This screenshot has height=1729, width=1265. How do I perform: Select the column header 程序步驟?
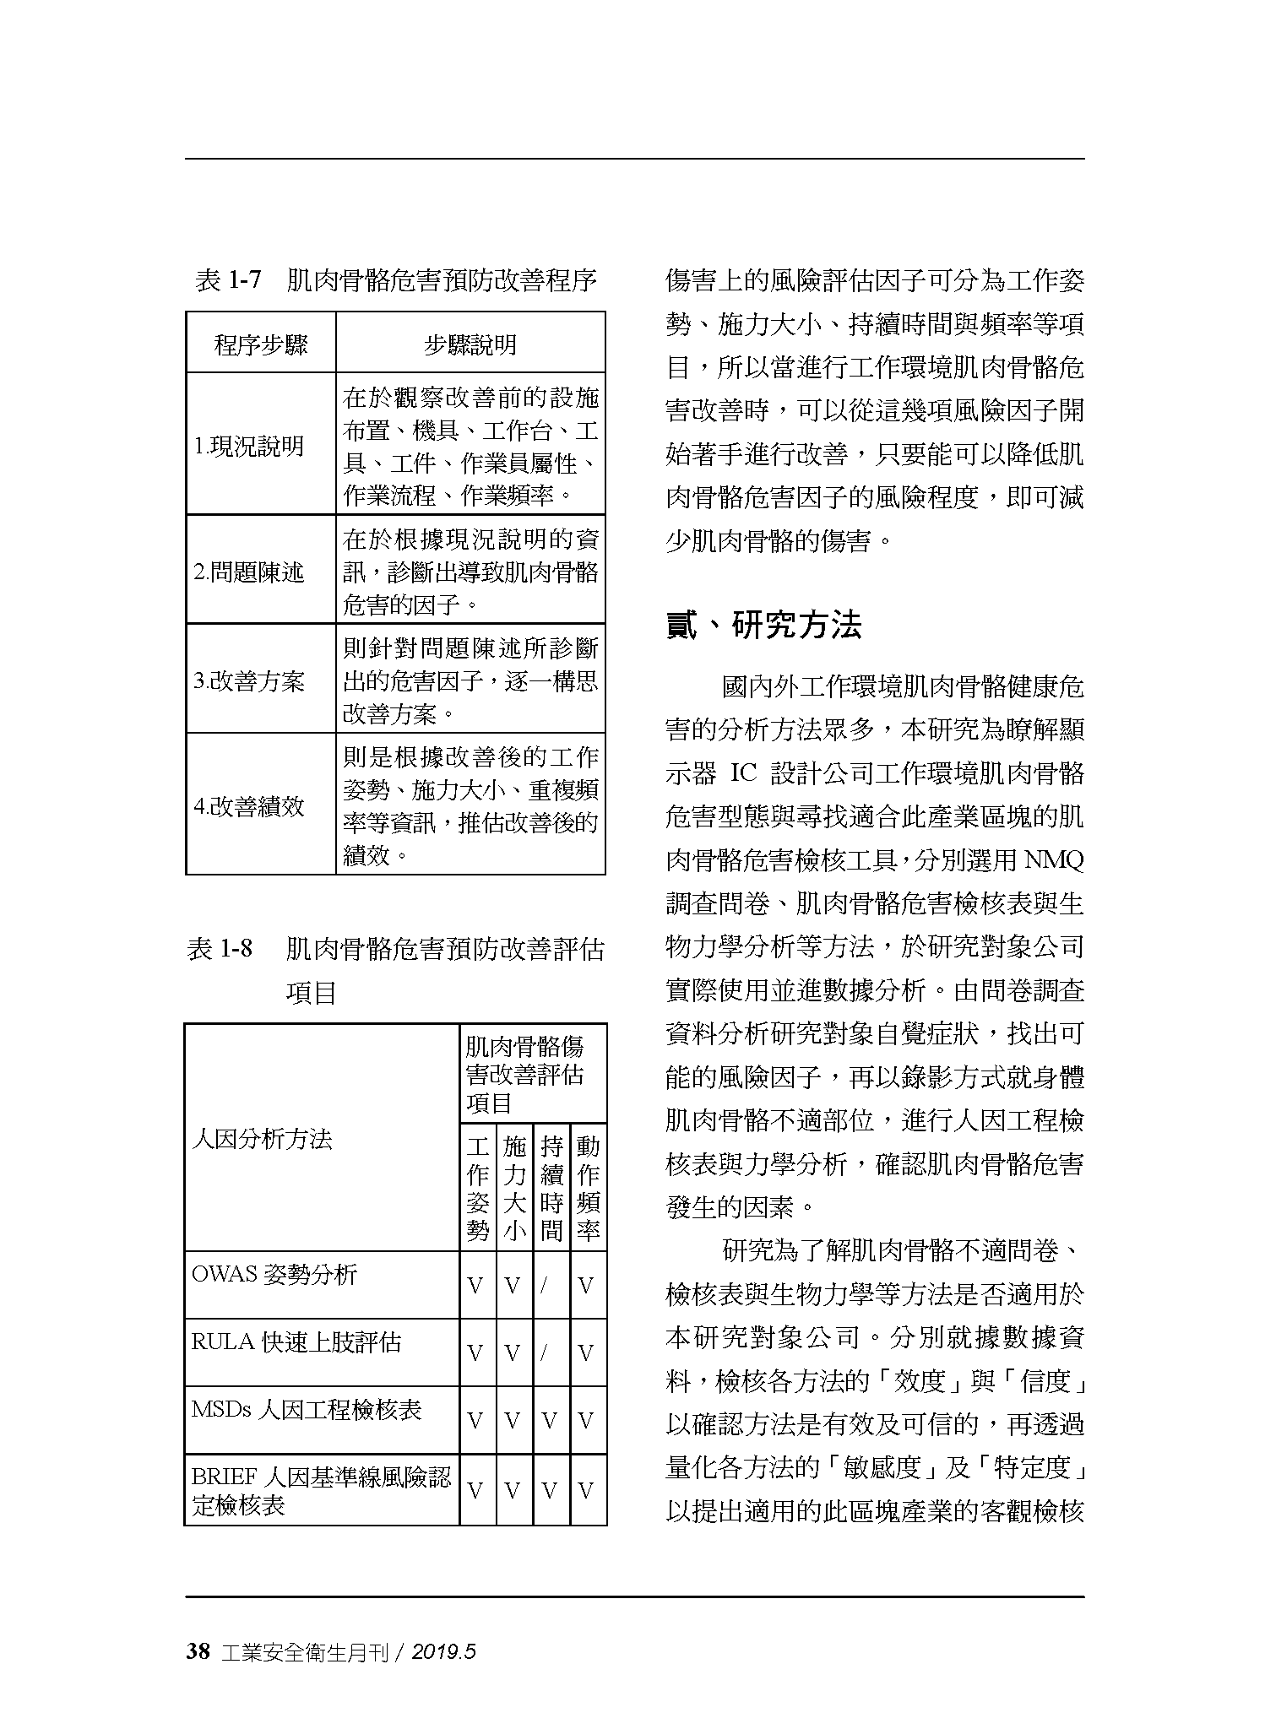[x=261, y=344]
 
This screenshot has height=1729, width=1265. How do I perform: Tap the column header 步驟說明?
[x=470, y=344]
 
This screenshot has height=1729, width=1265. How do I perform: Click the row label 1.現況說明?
[x=248, y=447]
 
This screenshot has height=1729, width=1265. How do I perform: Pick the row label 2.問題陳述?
[x=248, y=572]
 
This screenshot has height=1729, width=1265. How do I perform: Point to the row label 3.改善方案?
[x=248, y=681]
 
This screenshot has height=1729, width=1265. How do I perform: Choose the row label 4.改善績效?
[x=248, y=806]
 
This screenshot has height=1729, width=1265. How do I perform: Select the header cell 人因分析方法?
[x=262, y=1139]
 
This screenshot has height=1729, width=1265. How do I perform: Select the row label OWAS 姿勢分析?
[x=274, y=1274]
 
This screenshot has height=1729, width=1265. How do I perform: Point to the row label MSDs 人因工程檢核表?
[x=307, y=1409]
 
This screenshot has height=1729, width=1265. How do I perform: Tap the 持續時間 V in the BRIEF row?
[x=551, y=1491]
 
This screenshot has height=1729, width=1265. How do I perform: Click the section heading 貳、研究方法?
[x=763, y=626]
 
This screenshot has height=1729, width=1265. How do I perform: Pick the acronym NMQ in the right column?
[x=1053, y=860]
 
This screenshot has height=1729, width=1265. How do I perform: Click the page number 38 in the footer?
[x=198, y=1652]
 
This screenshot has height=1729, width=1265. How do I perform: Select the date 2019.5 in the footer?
[x=443, y=1653]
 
